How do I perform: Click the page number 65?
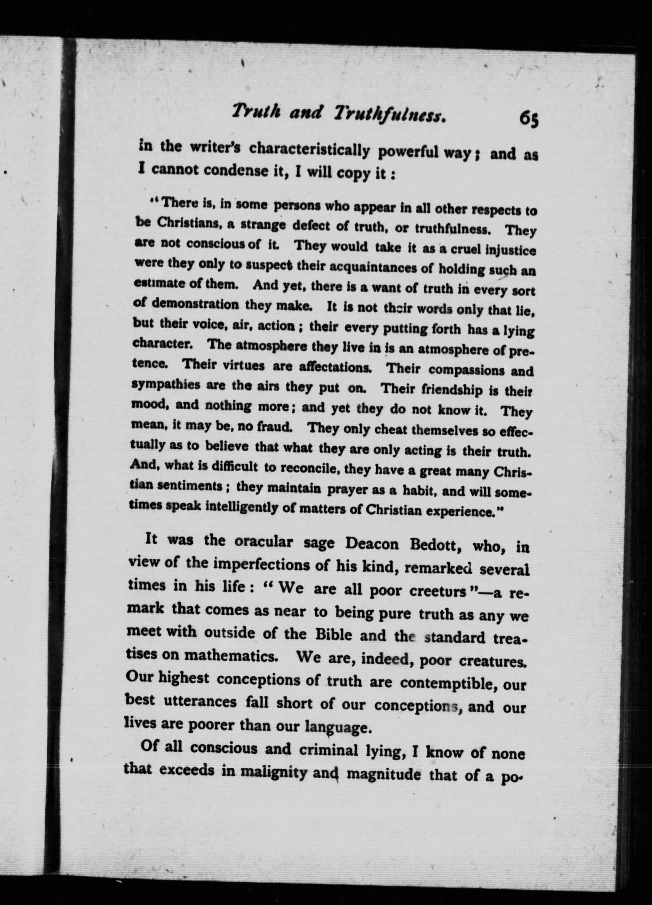[529, 119]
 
